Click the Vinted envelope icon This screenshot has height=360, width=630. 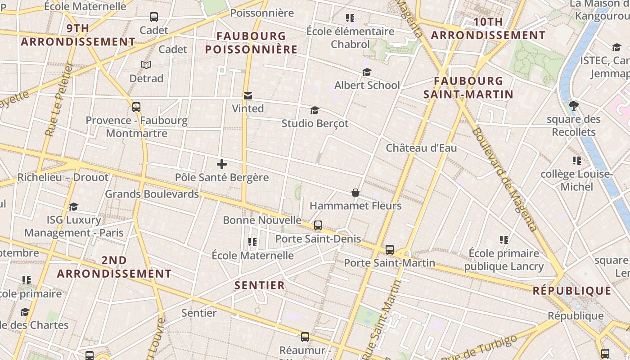247,95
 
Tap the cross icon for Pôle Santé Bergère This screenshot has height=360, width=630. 221,164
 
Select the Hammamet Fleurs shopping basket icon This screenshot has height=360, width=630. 355,193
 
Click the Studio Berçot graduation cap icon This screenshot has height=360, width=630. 315,110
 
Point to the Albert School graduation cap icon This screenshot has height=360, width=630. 367,72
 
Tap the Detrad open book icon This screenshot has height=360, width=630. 146,65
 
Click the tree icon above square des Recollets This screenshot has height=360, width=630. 573,106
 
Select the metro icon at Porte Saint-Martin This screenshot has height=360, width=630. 390,250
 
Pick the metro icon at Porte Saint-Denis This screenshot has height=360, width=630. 318,225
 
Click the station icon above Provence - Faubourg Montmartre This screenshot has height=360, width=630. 136,107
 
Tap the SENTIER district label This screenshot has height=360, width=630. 260,285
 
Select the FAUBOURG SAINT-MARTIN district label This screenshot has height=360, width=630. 468,88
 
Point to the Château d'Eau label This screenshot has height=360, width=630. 421,148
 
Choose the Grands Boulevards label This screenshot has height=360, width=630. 152,194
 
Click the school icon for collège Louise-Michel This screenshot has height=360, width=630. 576,161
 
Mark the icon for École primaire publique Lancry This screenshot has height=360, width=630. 504,240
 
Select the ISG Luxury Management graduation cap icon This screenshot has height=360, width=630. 73,207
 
